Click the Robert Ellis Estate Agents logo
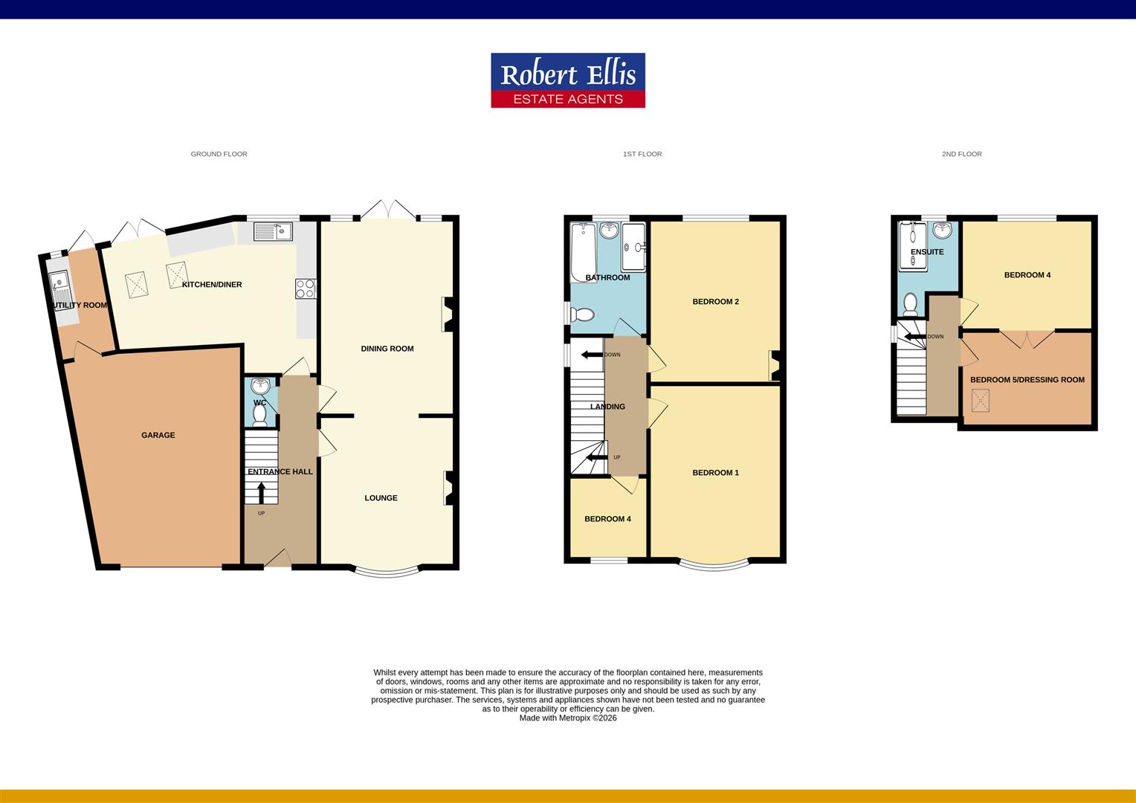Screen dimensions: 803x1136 coord(567,80)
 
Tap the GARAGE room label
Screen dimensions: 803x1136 coord(158,435)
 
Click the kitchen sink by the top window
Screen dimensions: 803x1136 coord(273,231)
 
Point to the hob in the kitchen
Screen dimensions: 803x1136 coord(306,288)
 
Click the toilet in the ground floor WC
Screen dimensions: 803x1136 coord(259,416)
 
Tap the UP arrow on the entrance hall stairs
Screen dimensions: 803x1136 coord(261,493)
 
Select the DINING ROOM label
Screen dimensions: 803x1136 coord(387,349)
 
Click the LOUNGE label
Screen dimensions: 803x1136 coord(381,498)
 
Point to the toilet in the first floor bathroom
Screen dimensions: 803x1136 coord(581,315)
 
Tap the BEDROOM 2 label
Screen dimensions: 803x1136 coord(715,302)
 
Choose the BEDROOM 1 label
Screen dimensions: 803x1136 coord(715,473)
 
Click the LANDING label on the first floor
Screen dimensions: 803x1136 coord(607,407)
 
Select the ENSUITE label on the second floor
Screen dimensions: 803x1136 coord(927,252)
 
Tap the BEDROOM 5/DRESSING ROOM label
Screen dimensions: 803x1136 coord(1027,380)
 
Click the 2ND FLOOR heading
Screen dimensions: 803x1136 coord(961,154)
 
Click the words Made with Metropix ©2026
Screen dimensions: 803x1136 coord(568,718)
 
